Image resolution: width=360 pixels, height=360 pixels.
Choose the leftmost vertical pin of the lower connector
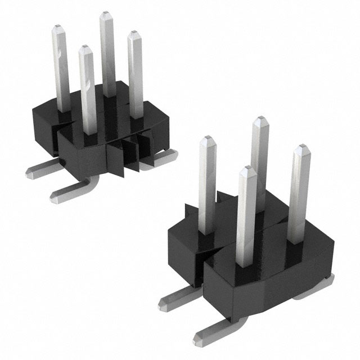point(208,180)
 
